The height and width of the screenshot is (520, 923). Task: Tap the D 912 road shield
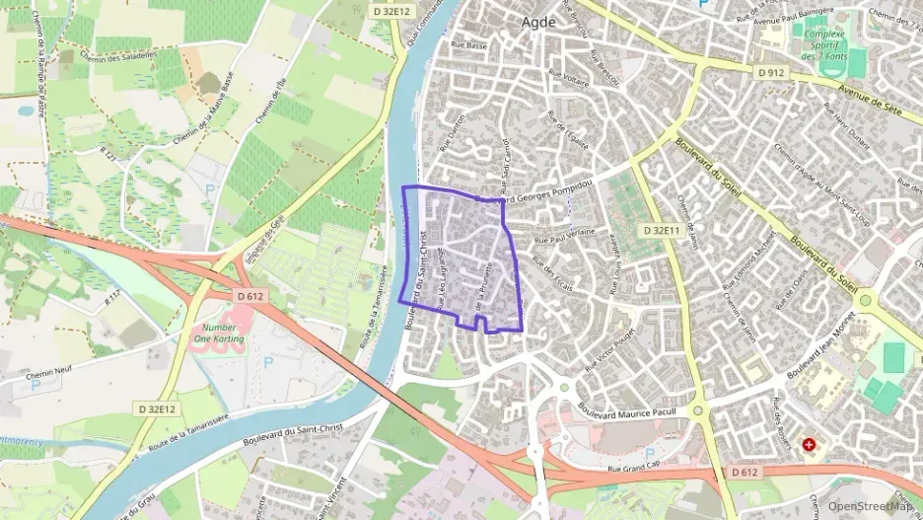(772, 72)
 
